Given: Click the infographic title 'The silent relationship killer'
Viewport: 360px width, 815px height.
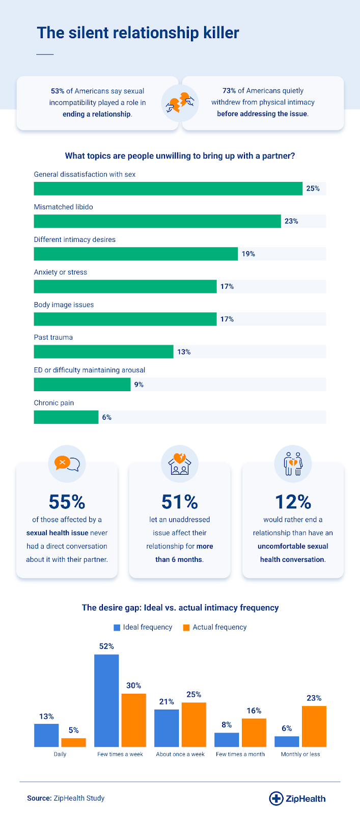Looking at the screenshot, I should tap(138, 33).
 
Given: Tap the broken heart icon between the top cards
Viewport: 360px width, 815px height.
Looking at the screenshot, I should tap(180, 103).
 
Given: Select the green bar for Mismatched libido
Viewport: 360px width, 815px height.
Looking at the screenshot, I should tap(157, 221).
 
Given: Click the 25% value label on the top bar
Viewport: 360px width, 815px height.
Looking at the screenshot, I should tap(313, 188).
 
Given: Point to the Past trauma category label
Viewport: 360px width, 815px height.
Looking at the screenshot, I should tap(53, 337).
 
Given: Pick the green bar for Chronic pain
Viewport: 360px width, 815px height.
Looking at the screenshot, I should tap(66, 417).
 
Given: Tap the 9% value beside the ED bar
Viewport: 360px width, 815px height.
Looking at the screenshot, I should tap(139, 385).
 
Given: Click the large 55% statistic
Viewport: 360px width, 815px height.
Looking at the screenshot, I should tap(67, 502).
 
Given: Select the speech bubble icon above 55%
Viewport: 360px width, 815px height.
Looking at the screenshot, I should tap(67, 463).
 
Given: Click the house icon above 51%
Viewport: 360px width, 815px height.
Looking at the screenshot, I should tap(180, 463).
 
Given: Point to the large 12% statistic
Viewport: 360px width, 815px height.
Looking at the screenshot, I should tap(293, 502).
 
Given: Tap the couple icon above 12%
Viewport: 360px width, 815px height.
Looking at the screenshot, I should tap(293, 463).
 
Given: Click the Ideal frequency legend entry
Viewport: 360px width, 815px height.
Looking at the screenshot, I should tap(143, 627).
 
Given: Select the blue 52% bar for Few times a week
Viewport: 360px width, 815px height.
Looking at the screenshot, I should tap(106, 700).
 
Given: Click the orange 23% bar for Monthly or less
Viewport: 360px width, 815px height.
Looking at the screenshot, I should tap(314, 726).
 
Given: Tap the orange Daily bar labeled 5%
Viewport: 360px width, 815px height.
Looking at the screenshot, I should tap(73, 742).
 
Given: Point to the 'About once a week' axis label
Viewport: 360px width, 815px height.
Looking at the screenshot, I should tap(180, 754).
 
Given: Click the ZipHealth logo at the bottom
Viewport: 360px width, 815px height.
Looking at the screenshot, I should tap(297, 798).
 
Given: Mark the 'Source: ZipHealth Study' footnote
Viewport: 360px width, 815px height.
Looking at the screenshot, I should tap(66, 798).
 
